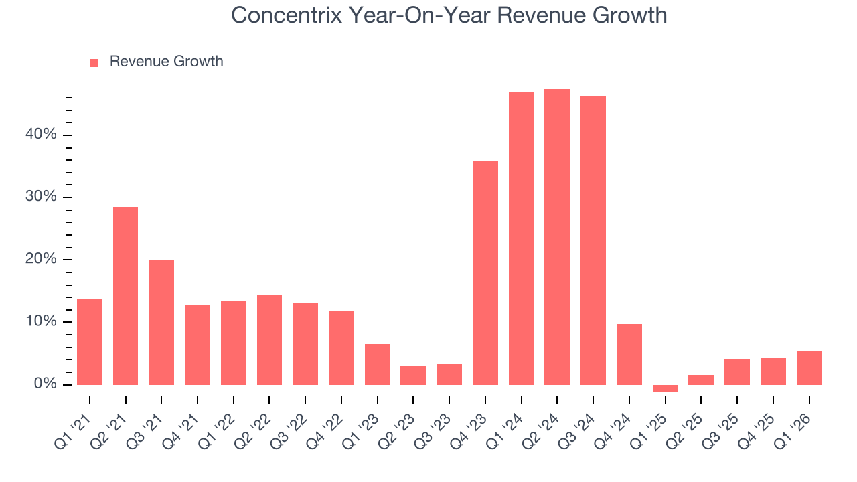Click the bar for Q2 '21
[125, 295]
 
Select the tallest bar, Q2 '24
[557, 236]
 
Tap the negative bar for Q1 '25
[665, 388]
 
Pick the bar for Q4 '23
[485, 272]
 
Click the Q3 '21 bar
[161, 322]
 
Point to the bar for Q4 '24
[629, 354]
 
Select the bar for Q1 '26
[809, 368]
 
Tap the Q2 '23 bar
[413, 375]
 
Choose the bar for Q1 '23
[377, 364]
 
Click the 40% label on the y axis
[41, 135]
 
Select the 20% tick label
[41, 260]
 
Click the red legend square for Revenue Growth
[94, 62]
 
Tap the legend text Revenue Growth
[166, 62]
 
